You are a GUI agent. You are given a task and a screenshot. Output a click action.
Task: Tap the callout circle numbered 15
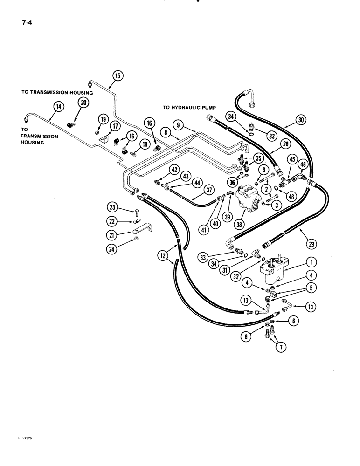tap(117, 75)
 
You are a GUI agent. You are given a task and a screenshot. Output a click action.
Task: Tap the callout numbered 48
tap(303, 164)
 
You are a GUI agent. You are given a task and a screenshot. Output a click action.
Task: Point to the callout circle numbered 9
tap(180, 124)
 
